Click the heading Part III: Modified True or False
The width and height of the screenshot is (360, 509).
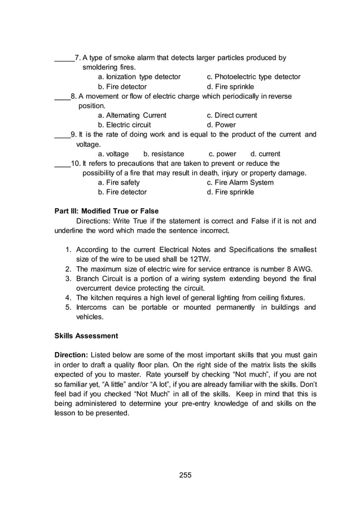click(x=107, y=211)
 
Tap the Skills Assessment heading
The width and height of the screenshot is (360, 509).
click(x=86, y=336)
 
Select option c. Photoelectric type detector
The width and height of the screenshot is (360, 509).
click(x=253, y=77)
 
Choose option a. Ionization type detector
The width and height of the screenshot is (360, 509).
click(x=139, y=77)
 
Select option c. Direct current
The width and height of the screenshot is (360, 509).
click(x=232, y=115)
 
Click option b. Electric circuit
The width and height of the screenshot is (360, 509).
click(x=124, y=125)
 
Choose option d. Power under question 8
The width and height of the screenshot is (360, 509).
click(x=221, y=125)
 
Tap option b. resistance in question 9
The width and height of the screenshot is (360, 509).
click(x=164, y=153)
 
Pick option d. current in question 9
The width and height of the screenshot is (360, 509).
click(x=265, y=153)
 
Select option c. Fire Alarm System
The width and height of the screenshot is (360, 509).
click(x=240, y=182)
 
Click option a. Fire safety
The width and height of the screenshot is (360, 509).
click(x=119, y=182)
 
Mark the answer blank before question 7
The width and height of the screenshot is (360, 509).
click(x=64, y=58)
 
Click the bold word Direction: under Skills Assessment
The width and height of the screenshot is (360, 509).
click(x=72, y=355)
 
